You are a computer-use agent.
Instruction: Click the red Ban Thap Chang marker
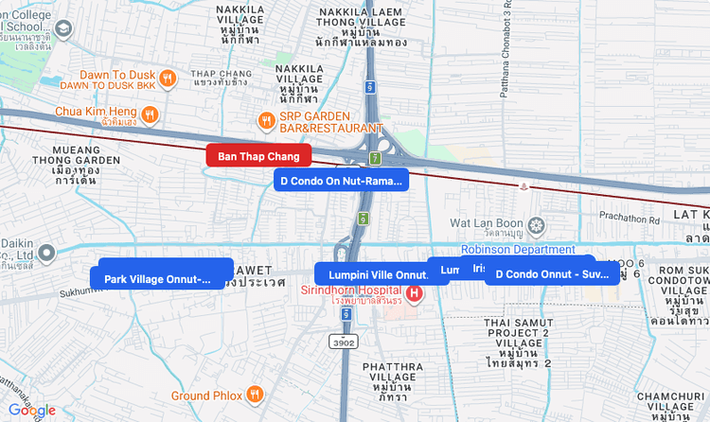pyautogui.click(x=258, y=155)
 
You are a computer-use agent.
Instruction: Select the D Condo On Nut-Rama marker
pyautogui.click(x=341, y=180)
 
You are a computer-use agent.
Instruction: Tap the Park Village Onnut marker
pyautogui.click(x=158, y=279)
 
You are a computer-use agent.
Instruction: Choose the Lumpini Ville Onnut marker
pyautogui.click(x=372, y=274)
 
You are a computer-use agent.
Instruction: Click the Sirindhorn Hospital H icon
pyautogui.click(x=414, y=293)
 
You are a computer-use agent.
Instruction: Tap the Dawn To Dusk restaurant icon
pyautogui.click(x=168, y=79)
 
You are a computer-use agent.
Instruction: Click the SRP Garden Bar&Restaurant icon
pyautogui.click(x=267, y=120)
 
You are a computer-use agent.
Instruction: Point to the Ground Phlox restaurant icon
pyautogui.click(x=254, y=395)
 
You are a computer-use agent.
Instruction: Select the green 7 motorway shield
pyautogui.click(x=375, y=158)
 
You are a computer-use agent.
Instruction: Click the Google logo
pyautogui.click(x=32, y=411)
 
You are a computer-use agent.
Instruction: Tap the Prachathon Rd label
pyautogui.click(x=629, y=218)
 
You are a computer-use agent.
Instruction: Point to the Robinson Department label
pyautogui.click(x=518, y=250)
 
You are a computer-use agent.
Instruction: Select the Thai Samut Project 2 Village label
pyautogui.click(x=518, y=342)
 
